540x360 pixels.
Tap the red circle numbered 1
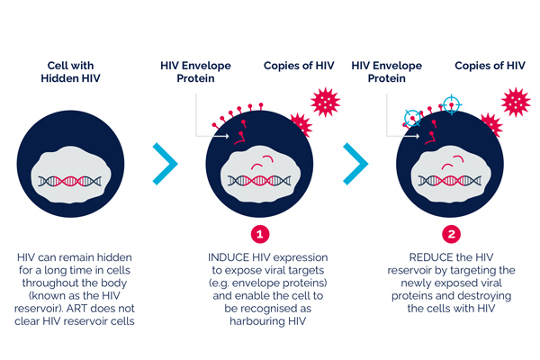click(x=260, y=233)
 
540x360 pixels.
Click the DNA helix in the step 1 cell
click(x=261, y=180)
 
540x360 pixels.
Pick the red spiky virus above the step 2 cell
click(x=517, y=102)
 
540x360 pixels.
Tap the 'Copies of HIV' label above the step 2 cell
click(x=490, y=67)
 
